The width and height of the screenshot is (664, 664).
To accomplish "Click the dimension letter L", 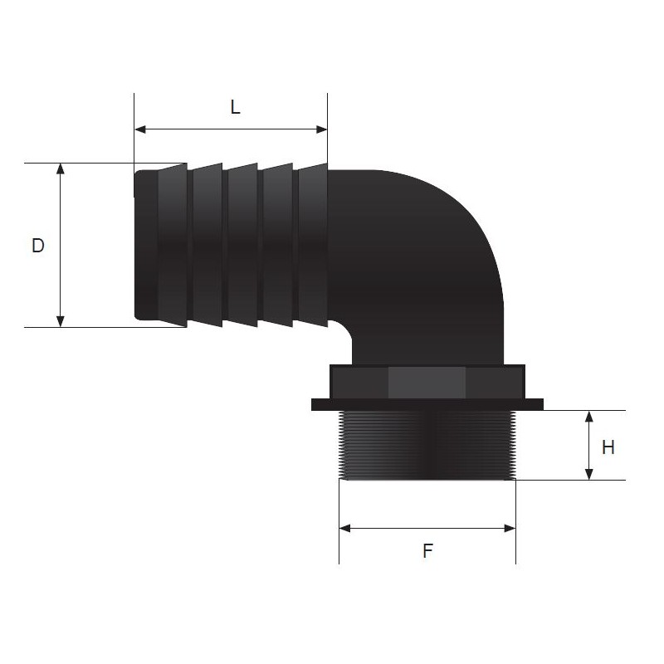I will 235,108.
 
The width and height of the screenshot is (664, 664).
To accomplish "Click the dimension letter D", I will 37,246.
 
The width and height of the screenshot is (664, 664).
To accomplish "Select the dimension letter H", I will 608,447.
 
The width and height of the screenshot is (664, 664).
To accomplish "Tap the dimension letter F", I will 427,550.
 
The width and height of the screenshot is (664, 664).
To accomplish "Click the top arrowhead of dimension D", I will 60,168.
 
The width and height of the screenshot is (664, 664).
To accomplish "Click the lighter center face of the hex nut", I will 427,382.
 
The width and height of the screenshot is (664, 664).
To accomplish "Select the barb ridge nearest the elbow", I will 312,245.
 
